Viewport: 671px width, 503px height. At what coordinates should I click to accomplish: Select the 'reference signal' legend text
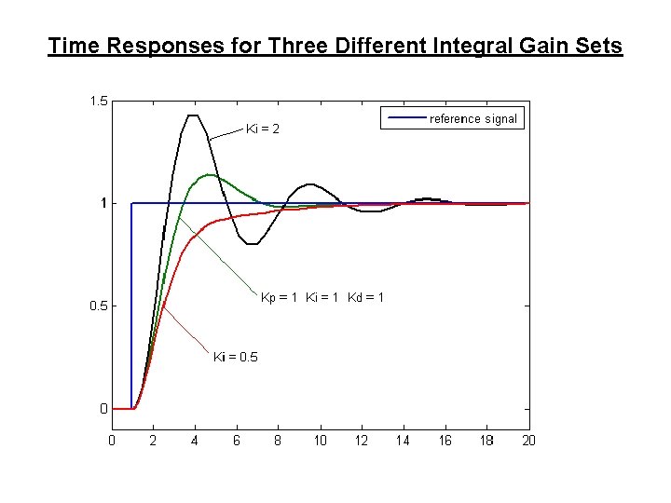[472, 118]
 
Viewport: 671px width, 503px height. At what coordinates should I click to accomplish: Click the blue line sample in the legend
[405, 118]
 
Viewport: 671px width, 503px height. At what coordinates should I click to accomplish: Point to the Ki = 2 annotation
[262, 129]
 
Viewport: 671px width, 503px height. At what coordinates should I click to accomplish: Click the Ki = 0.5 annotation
[236, 357]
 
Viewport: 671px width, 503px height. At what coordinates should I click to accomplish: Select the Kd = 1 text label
[365, 297]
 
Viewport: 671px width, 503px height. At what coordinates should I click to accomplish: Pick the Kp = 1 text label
[279, 297]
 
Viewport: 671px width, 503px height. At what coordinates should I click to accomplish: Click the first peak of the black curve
[193, 116]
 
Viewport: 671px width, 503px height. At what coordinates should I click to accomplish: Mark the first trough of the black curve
[252, 244]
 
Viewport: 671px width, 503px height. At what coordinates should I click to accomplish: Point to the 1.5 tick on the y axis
[98, 101]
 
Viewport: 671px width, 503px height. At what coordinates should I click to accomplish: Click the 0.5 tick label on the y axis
[98, 306]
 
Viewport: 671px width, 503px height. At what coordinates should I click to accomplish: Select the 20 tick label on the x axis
[528, 441]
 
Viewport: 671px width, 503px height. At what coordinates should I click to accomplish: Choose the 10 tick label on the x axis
[320, 441]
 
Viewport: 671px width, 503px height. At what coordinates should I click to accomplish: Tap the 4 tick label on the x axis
[195, 441]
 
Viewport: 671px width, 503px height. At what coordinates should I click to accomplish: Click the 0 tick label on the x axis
[112, 441]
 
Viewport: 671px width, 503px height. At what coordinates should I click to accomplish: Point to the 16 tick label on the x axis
[445, 441]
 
